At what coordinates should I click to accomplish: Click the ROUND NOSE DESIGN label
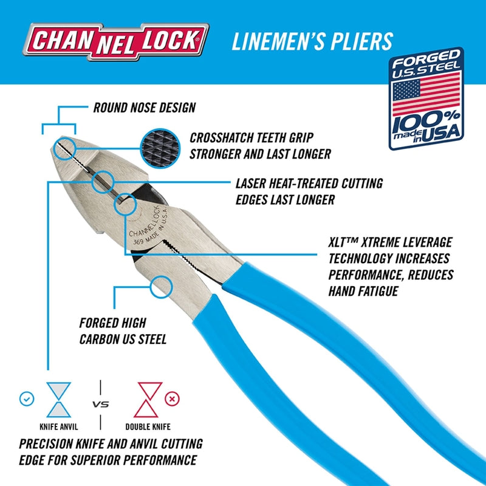point(144,108)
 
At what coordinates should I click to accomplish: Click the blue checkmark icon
point(26,400)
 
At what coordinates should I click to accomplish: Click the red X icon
point(173,400)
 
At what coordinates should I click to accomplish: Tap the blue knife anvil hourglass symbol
point(58,399)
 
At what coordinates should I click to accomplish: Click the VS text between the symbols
point(100,404)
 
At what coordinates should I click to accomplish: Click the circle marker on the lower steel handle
point(161,286)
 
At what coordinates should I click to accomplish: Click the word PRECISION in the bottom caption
point(51,444)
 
